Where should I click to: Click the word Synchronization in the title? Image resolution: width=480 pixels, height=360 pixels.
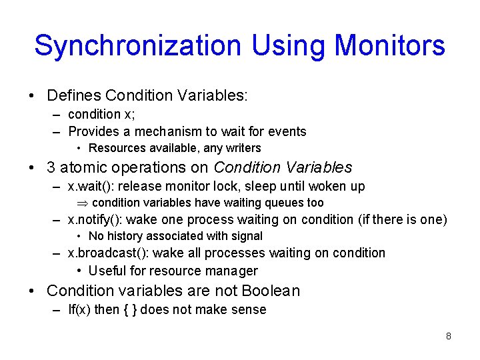click(137, 46)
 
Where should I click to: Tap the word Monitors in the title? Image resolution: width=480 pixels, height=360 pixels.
click(389, 46)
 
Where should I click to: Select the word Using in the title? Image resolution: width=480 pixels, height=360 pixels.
click(289, 46)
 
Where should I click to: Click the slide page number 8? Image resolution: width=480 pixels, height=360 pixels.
click(449, 336)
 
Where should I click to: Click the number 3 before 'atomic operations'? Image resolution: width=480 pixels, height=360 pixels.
click(51, 167)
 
